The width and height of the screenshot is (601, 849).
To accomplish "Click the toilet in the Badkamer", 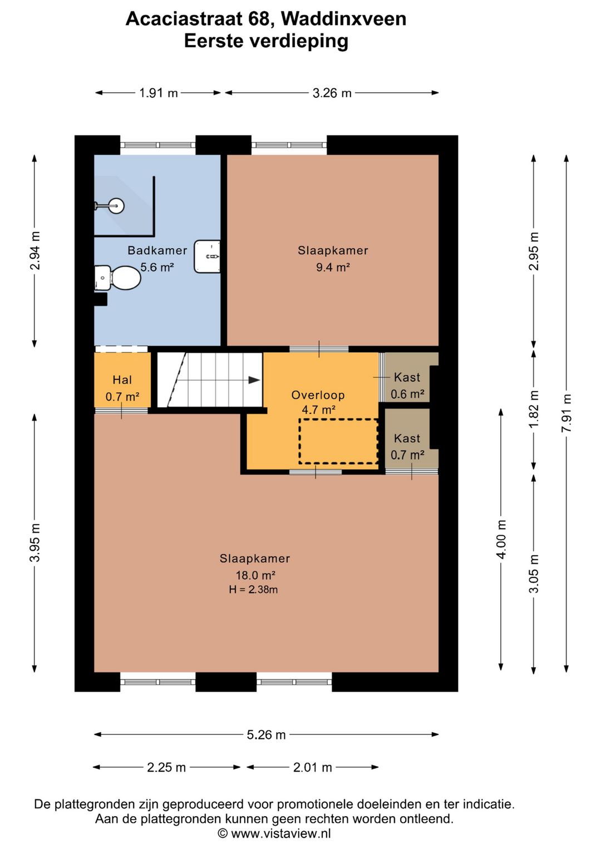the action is tap(117, 278).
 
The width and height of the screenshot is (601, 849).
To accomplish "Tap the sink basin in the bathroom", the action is tap(207, 256).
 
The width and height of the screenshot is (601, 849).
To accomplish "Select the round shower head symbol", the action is tap(117, 206).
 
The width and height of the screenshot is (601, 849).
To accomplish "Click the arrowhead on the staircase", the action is tap(254, 380).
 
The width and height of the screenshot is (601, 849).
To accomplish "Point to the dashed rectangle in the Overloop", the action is tap(338, 441).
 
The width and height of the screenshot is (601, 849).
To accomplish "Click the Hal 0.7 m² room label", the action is tap(122, 388).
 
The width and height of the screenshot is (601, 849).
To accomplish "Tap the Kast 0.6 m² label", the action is tap(407, 386).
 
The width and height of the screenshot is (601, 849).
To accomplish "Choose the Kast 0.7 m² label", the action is tap(407, 447).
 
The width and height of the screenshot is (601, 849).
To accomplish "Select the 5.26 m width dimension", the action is tap(266, 734).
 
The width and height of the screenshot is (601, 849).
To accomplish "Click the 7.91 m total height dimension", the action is tap(566, 413).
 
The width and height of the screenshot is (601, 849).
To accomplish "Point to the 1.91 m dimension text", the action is tap(159, 93).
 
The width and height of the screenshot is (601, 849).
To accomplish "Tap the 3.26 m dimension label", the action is tap(332, 93).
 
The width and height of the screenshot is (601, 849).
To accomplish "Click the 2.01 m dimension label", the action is tap(312, 767).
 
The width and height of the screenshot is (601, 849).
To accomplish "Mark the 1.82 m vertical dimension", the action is tap(534, 409).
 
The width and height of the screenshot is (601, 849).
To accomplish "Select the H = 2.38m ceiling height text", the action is tap(253, 589).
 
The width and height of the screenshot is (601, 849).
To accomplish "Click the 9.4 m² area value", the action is tap(333, 267).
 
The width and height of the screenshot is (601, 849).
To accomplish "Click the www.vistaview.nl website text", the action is tap(281, 833).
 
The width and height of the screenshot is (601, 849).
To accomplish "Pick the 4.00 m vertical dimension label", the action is tap(501, 539).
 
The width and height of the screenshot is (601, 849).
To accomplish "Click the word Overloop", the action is tap(318, 395).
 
